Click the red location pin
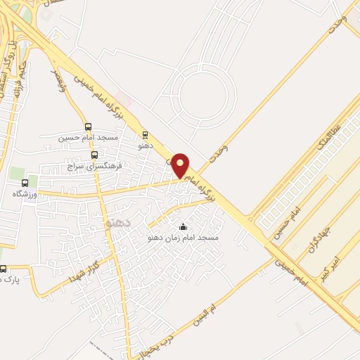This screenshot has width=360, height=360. pyautogui.click(x=181, y=165)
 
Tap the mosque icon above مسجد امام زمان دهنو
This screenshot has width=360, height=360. pyautogui.click(x=184, y=226)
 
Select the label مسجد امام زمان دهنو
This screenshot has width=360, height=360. pyautogui.click(x=184, y=238)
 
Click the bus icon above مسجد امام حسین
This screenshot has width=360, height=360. pyautogui.click(x=88, y=127)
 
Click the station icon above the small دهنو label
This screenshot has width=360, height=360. pyautogui.click(x=146, y=134)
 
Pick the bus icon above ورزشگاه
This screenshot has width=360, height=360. pyautogui.click(x=25, y=183)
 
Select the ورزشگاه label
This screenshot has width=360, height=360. pyautogui.click(x=26, y=193)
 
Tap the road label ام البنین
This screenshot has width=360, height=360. pyautogui.click(x=210, y=300)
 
